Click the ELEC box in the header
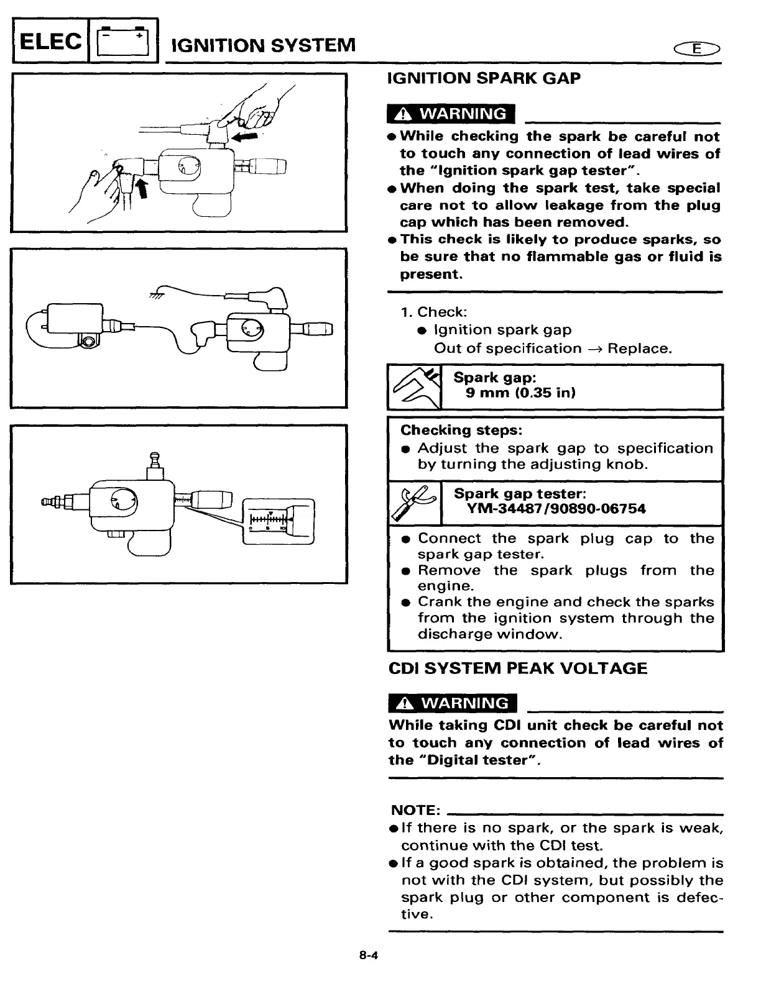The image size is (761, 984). click(x=50, y=42)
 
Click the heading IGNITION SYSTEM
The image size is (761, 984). click(x=263, y=45)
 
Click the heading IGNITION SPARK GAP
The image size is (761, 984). click(x=484, y=78)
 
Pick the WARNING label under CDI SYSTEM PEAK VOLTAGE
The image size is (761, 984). click(x=453, y=703)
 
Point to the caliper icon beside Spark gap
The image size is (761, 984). click(x=414, y=387)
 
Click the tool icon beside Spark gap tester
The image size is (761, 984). click(x=414, y=503)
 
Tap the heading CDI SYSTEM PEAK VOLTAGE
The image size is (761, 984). click(x=517, y=668)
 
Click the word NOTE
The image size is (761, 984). click(x=415, y=810)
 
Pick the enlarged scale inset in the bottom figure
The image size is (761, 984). click(x=278, y=521)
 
